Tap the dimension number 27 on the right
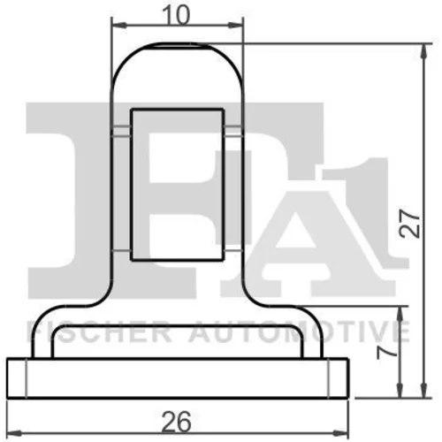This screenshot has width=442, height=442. point(409,224)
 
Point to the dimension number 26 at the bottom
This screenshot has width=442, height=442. point(177,422)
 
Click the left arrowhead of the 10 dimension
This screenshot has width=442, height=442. point(119,26)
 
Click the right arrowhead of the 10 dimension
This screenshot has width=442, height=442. point(236,26)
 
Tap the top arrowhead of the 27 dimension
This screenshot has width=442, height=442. point(423,51)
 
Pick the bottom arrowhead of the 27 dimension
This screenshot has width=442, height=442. point(423,390)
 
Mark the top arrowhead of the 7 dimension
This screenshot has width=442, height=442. point(400,314)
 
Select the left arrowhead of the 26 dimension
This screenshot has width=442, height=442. point(14,433)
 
